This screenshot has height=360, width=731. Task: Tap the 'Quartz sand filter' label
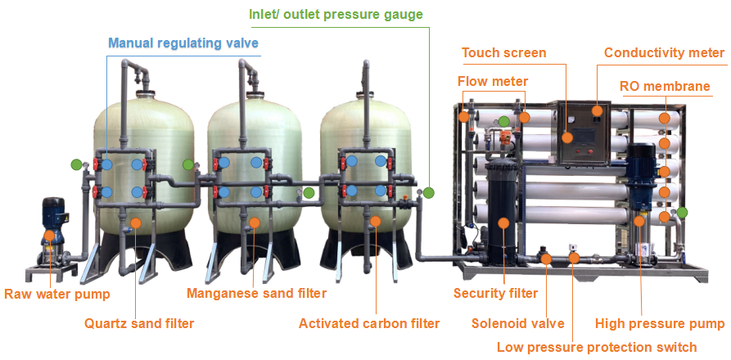click(x=139, y=323)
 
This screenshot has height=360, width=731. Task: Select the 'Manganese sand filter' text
click(x=257, y=293)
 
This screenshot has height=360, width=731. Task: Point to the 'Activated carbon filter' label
click(x=369, y=323)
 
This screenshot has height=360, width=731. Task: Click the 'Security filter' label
click(x=495, y=293)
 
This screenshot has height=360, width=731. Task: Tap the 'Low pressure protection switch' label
click(x=597, y=347)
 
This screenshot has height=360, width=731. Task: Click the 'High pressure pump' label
click(x=660, y=323)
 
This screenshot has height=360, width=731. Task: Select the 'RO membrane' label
click(x=664, y=86)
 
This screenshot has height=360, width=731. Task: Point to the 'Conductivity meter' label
click(x=665, y=53)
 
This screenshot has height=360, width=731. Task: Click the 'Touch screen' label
click(x=503, y=53)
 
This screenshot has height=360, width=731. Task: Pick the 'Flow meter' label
click(x=493, y=81)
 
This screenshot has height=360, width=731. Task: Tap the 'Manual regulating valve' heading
click(x=183, y=43)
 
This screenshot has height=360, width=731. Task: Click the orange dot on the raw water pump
click(x=50, y=236)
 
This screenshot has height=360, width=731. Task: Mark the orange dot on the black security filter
click(x=502, y=222)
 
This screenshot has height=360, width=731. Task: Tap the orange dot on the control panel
click(x=567, y=137)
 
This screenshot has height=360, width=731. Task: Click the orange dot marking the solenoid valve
click(x=546, y=259)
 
